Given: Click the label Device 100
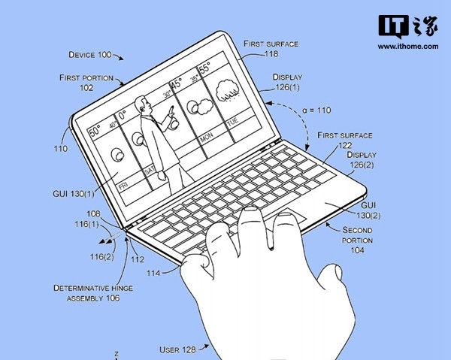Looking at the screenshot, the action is pyautogui.click(x=89, y=55).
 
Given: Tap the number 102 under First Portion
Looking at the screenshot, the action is pyautogui.click(x=86, y=88).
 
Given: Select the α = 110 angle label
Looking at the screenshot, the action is pyautogui.click(x=316, y=110).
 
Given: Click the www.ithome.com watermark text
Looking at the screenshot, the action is pyautogui.click(x=408, y=47).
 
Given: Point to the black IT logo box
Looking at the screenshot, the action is pyautogui.click(x=393, y=26).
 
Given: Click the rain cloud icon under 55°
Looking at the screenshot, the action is pyautogui.click(x=228, y=91).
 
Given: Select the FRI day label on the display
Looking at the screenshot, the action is pyautogui.click(x=123, y=186).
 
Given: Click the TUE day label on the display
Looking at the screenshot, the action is pyautogui.click(x=233, y=121).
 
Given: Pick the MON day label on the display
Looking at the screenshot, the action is pyautogui.click(x=207, y=138).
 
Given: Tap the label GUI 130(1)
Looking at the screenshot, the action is pyautogui.click(x=74, y=194).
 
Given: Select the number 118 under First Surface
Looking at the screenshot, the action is pyautogui.click(x=271, y=54).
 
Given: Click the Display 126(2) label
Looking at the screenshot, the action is pyautogui.click(x=362, y=159).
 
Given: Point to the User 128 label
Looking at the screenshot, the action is pyautogui.click(x=177, y=349).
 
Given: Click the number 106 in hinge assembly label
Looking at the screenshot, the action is pyautogui.click(x=113, y=298).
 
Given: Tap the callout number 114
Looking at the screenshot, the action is pyautogui.click(x=153, y=273).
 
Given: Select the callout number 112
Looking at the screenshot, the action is pyautogui.click(x=138, y=259).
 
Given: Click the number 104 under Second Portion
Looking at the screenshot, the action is pyautogui.click(x=357, y=250).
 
